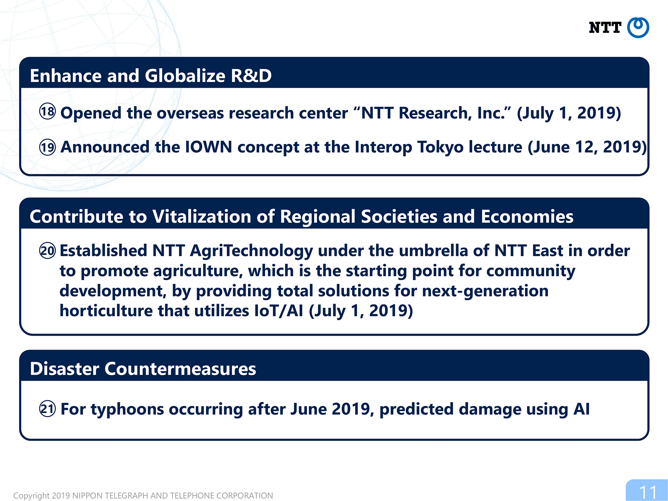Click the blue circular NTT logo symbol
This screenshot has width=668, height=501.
[x=638, y=27]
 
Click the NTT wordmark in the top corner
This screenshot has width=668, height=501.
[x=605, y=28]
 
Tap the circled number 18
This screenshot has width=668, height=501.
[x=48, y=111]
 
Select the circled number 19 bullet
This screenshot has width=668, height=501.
[x=48, y=147]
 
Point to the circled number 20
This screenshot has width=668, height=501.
[x=48, y=251]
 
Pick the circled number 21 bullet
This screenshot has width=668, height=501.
[x=48, y=409]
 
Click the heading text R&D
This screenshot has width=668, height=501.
[x=251, y=75]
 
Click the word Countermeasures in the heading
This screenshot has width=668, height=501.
[x=180, y=369]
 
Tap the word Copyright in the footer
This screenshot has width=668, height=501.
[x=32, y=496]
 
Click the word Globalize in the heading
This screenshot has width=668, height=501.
[x=185, y=75]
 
